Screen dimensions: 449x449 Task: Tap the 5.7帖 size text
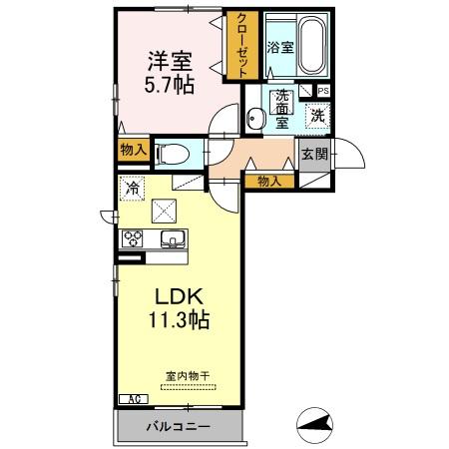pos(169,85)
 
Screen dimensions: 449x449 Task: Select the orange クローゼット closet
pos(241,44)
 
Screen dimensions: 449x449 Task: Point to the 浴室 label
pos(278,46)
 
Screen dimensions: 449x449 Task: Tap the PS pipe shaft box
pos(322,90)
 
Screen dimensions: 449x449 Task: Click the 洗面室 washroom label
pos(282,107)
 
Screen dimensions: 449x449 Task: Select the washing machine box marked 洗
pos(316,114)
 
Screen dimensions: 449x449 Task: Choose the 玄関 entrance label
pos(313,155)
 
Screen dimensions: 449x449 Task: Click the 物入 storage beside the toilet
pos(134,151)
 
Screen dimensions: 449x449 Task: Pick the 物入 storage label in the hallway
pos(269,181)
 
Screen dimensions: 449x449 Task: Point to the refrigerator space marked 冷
pos(132,187)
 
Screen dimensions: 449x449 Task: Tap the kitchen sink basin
pos(171,238)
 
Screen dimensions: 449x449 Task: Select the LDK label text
pos(179,296)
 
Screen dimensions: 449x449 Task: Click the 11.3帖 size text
pos(179,321)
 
